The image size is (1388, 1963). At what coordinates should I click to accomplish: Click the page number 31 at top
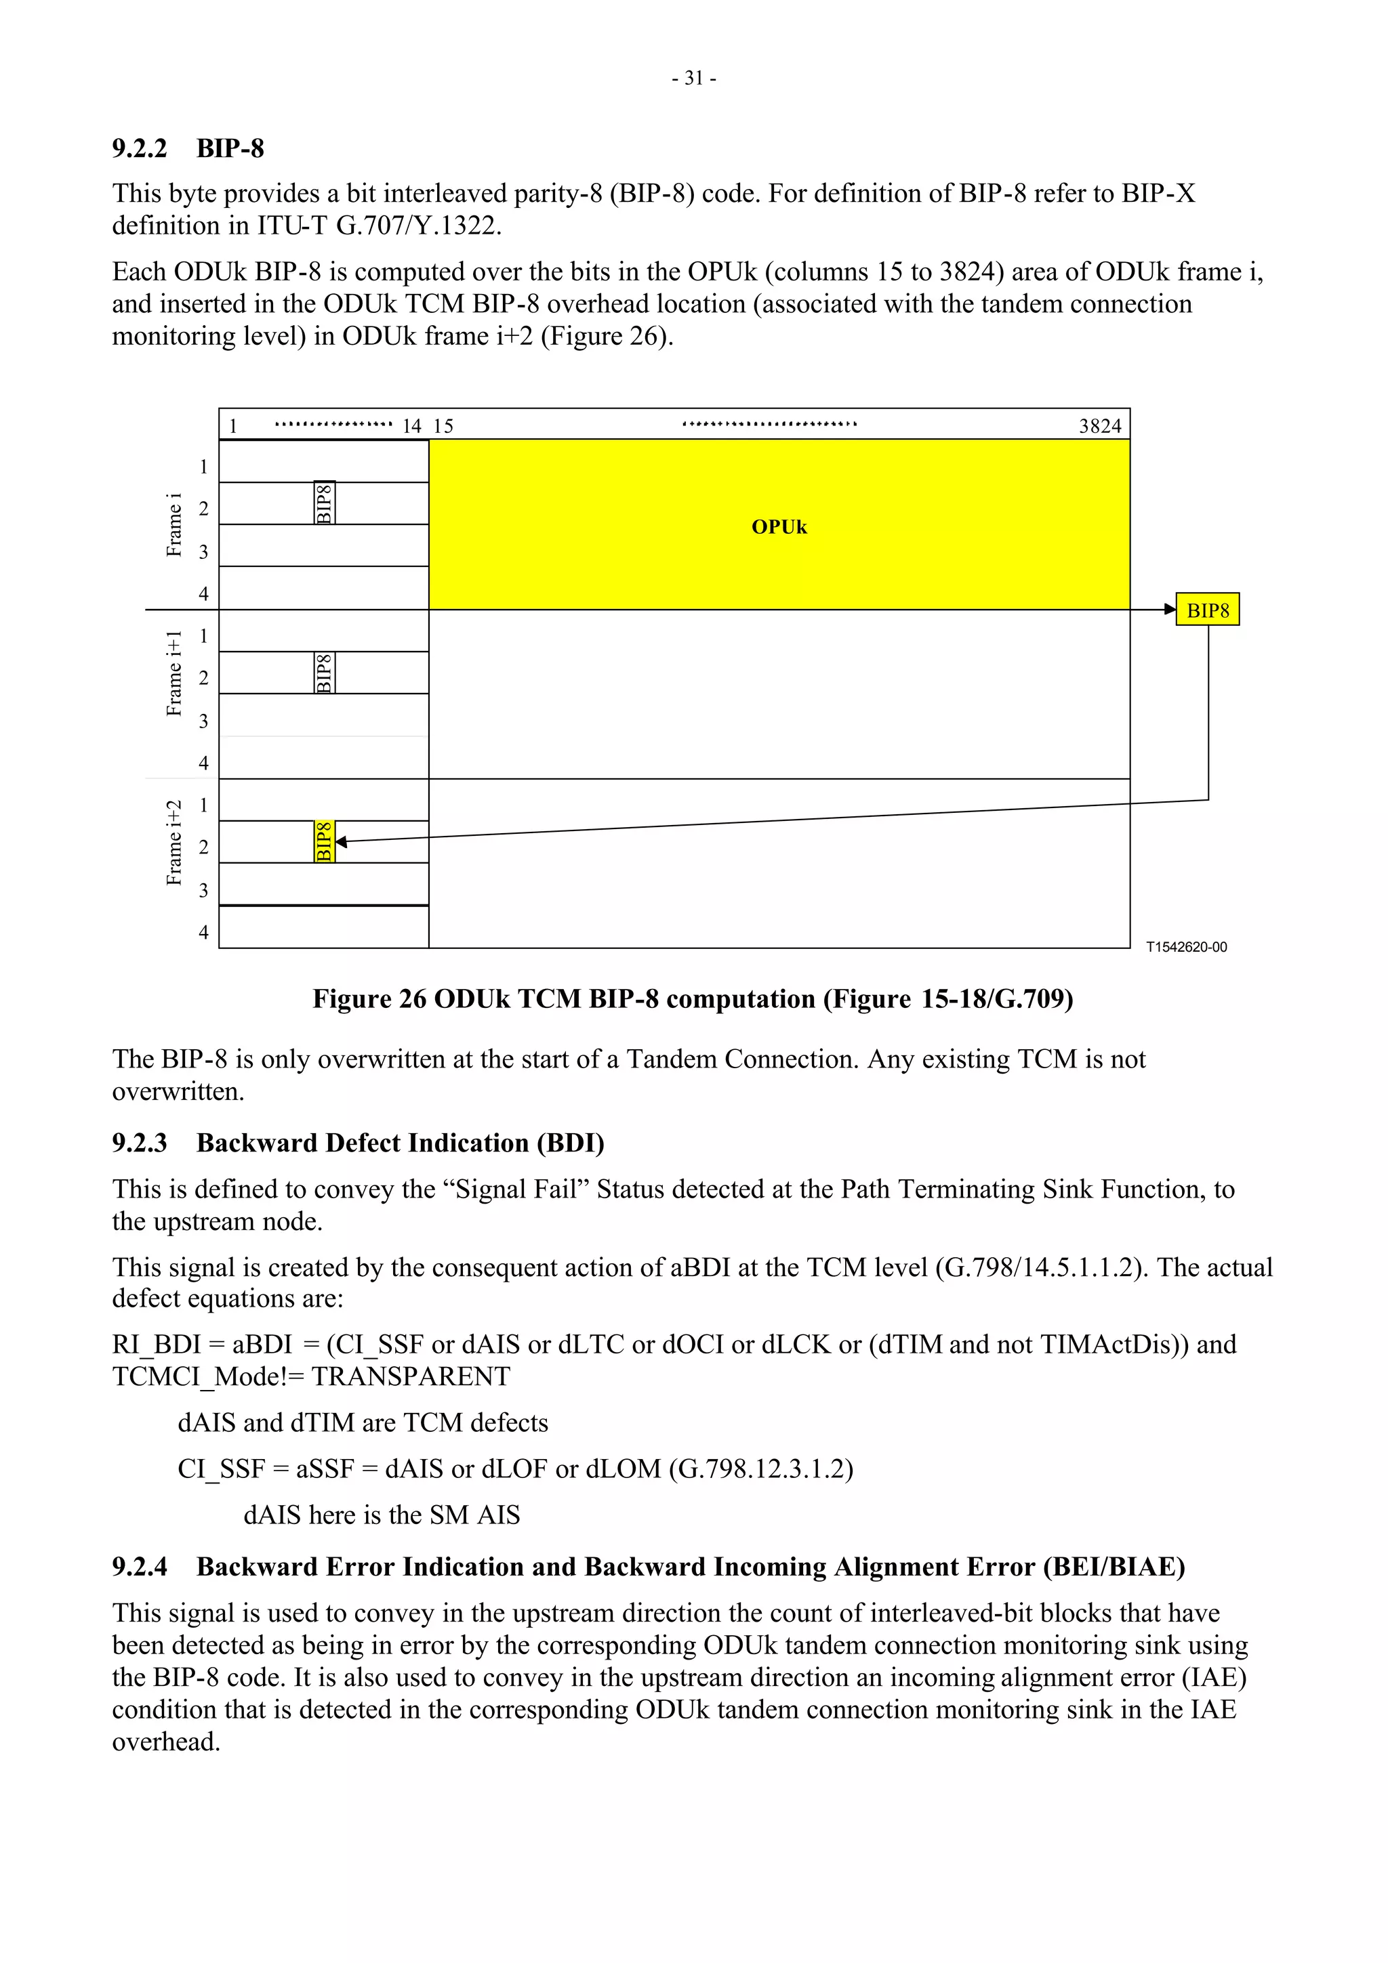point(693,79)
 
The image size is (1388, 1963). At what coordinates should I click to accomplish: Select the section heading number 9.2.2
point(140,149)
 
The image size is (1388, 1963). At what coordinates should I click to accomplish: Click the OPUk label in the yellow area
point(778,527)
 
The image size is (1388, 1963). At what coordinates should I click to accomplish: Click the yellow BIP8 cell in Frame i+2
point(324,841)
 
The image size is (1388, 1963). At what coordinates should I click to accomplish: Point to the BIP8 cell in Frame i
point(324,503)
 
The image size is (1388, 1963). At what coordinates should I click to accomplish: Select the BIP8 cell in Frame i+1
point(324,672)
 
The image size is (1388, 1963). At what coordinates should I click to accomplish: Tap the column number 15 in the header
point(443,426)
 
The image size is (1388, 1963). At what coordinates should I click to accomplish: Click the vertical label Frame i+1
point(173,674)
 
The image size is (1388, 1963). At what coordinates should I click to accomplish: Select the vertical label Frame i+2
point(173,843)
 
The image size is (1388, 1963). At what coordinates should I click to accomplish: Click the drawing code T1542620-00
point(1185,948)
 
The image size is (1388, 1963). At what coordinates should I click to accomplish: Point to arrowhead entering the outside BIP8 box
point(1170,610)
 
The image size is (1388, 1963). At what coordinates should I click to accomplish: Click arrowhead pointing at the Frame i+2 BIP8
point(341,842)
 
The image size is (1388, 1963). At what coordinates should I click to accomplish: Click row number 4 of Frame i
point(203,593)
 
